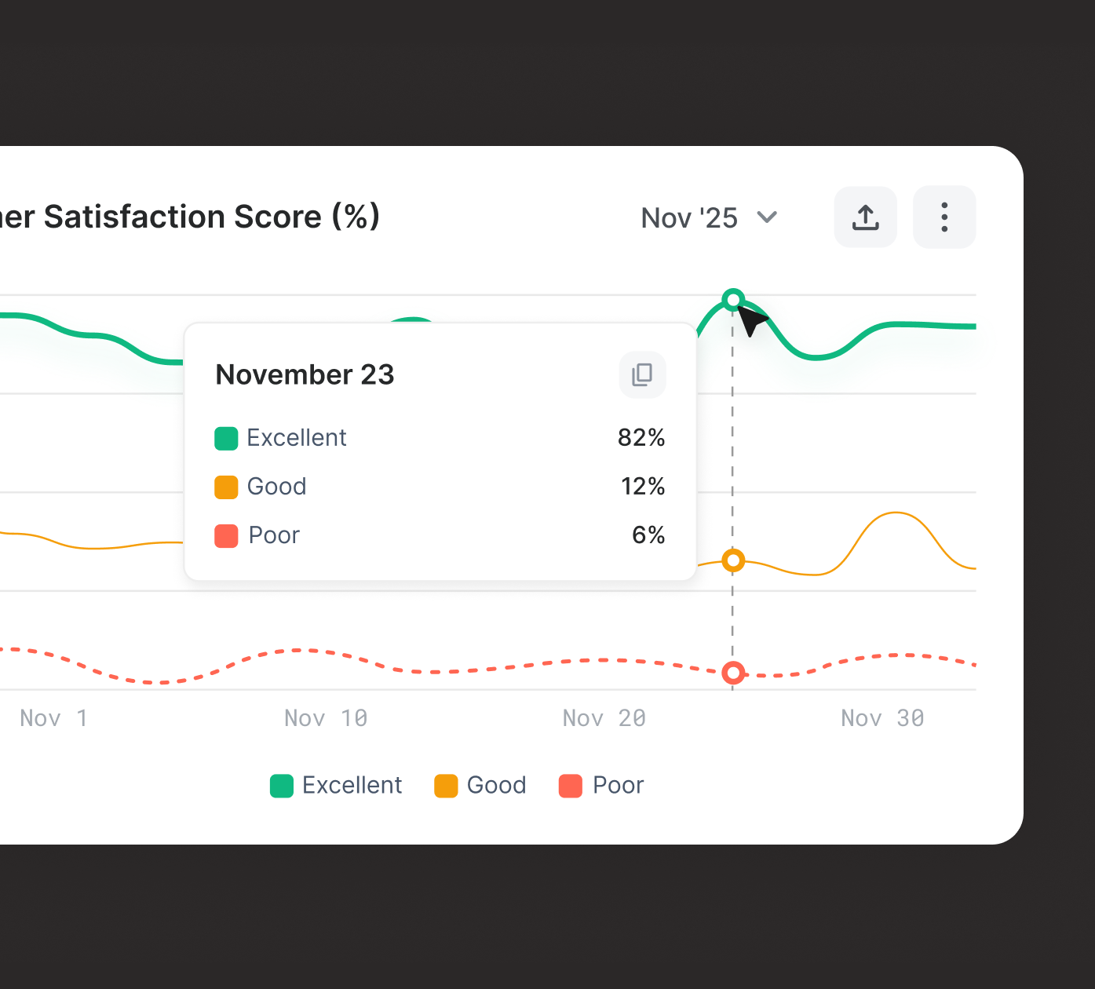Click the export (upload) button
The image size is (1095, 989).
(865, 217)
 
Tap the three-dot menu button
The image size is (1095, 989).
(944, 217)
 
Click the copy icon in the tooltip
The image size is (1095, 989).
(642, 374)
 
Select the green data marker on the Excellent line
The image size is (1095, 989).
(733, 300)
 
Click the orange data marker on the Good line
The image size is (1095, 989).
(733, 560)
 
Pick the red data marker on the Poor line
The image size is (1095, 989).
(733, 673)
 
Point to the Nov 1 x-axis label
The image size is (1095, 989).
(53, 718)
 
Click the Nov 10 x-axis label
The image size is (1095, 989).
(326, 718)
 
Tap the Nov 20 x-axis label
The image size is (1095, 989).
(604, 718)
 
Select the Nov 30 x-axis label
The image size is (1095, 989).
(882, 718)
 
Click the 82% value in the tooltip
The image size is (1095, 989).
(641, 438)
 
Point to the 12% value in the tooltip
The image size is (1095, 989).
(643, 487)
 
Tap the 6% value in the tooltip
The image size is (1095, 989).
(648, 535)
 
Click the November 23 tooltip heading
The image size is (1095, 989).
(305, 375)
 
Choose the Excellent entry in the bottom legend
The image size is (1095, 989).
(337, 786)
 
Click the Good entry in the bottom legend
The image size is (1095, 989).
(480, 786)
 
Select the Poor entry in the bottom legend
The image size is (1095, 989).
(601, 786)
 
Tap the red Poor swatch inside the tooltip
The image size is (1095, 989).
(226, 536)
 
